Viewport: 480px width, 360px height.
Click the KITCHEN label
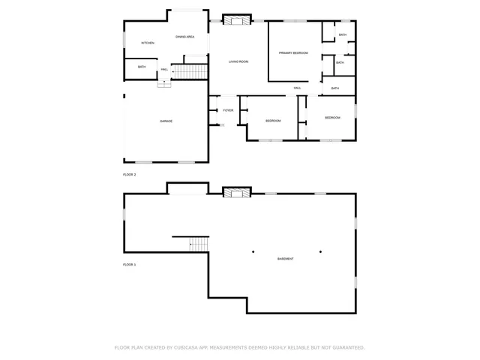148,43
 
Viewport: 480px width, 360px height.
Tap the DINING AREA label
185,37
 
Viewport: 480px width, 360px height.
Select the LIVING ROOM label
238,61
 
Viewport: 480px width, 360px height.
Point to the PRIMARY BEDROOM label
293,52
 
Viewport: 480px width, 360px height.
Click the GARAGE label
166,121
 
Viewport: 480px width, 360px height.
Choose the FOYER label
228,110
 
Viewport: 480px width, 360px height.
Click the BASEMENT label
285,259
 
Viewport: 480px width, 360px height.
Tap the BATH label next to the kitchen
142,67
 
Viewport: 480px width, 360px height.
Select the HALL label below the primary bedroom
298,88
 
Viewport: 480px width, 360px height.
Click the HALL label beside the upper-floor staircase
164,70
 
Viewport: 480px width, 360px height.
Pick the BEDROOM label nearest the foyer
273,121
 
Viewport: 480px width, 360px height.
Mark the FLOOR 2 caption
129,174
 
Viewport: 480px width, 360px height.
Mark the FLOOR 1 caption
129,265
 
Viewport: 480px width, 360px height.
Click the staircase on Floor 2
191,71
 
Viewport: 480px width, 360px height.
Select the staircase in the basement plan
197,244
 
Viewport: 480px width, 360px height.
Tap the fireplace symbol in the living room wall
237,19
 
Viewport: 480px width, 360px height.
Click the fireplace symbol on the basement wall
237,193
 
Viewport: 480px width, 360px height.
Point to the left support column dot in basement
253,251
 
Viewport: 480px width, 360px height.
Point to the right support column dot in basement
320,251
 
